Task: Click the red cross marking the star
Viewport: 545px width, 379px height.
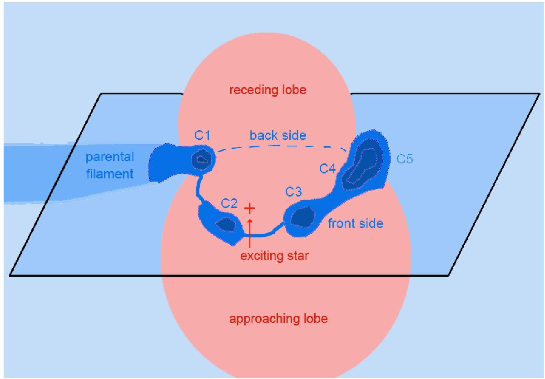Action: [x=249, y=208]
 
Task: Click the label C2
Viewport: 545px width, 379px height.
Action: [x=229, y=203]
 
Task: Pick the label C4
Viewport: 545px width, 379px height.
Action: [x=327, y=169]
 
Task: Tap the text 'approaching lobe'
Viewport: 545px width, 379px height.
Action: [x=278, y=319]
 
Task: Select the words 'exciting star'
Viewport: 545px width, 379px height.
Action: [x=275, y=256]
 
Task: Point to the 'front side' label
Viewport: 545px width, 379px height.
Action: [x=356, y=223]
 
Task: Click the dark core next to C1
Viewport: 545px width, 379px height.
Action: [x=200, y=159]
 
